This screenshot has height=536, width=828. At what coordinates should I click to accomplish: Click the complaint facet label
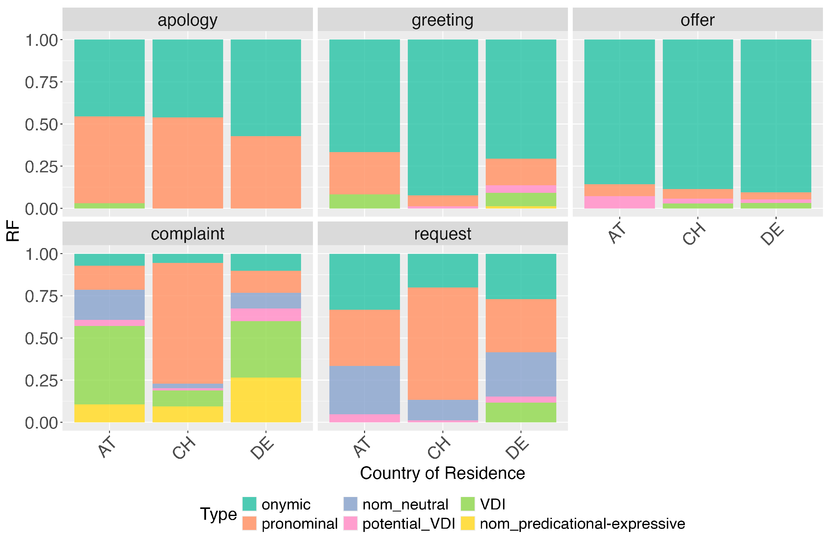(187, 234)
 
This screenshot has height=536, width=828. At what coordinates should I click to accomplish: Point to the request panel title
(442, 234)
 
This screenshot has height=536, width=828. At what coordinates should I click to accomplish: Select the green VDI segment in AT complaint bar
(109, 365)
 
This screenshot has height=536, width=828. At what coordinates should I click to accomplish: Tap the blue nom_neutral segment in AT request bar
(364, 390)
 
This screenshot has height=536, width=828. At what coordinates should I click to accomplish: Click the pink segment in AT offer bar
(619, 202)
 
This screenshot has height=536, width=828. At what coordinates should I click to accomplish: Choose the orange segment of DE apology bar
(266, 172)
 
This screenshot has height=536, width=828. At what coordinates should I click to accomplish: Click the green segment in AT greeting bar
(364, 201)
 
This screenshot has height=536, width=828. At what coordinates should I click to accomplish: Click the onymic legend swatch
(249, 504)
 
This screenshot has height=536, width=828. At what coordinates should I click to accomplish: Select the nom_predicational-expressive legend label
(582, 523)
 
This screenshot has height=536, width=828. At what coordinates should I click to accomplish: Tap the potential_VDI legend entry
(408, 523)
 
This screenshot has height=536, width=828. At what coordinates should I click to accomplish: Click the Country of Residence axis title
(442, 473)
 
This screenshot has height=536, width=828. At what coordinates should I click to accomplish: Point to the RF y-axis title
(13, 230)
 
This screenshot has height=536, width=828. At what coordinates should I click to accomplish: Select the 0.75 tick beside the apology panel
(41, 83)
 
